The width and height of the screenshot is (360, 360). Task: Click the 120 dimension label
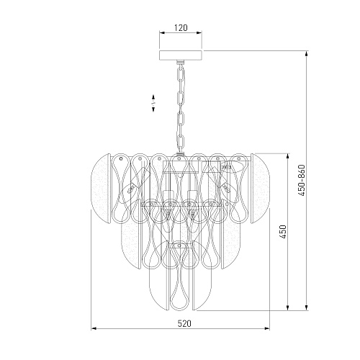[181, 28]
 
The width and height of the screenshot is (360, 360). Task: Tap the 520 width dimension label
[184, 323]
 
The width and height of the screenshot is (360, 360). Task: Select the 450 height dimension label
[284, 232]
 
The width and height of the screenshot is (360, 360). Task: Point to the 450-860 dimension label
[302, 180]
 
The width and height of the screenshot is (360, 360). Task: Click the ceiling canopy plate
[181, 55]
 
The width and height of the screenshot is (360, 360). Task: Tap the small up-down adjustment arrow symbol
[153, 103]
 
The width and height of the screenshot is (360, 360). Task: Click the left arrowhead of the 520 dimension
[94, 328]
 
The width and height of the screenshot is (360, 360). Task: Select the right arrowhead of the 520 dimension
[266, 328]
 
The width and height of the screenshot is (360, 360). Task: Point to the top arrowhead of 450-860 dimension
[306, 54]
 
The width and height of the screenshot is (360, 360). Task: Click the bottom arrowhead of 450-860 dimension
[306, 307]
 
